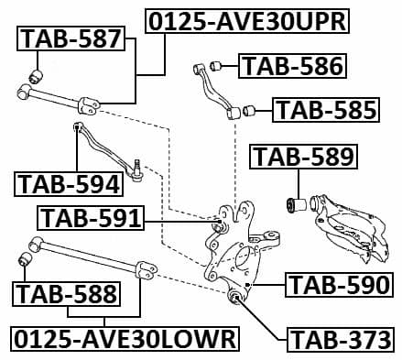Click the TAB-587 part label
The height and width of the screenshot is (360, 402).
click(x=71, y=39)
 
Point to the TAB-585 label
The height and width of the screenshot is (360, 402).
click(x=326, y=111)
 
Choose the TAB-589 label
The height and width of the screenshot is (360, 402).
click(x=302, y=157)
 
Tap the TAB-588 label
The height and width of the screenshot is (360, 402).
click(x=66, y=293)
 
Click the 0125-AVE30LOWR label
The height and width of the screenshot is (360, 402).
click(x=125, y=339)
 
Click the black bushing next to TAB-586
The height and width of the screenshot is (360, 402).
click(x=218, y=65)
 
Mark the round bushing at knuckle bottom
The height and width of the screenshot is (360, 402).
click(x=234, y=298)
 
